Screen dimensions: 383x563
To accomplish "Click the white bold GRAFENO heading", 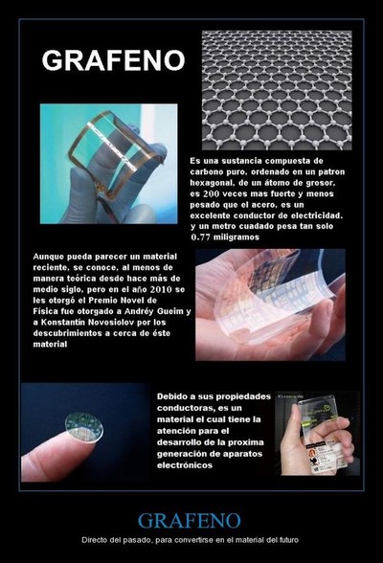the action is tap(113, 60).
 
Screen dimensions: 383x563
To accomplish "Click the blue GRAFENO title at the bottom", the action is tap(190, 521).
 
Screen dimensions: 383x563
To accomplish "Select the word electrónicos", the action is tap(185, 465).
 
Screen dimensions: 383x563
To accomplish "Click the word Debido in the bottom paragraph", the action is tap(170, 396).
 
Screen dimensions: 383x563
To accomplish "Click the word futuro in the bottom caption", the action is tap(290, 540).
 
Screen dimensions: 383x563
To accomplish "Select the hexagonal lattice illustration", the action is tap(277, 90).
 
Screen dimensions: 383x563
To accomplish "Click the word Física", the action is tap(44, 311).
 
